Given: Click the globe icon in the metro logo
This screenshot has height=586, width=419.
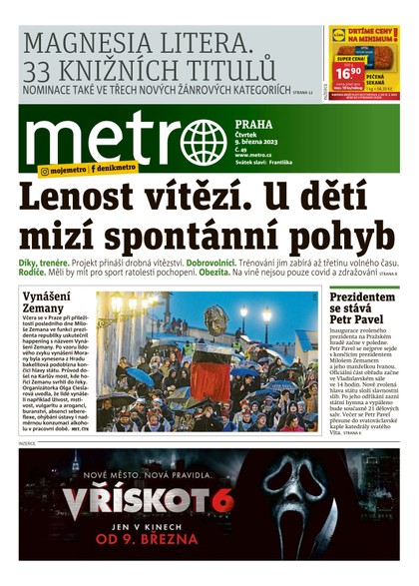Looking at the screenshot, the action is coord(204,142).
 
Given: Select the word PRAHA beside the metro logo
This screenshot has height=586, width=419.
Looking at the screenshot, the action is coord(254,126).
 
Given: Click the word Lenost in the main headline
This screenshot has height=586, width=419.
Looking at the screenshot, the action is coord(81,197).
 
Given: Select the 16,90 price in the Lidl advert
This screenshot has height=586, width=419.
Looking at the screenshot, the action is coord(348,73).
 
